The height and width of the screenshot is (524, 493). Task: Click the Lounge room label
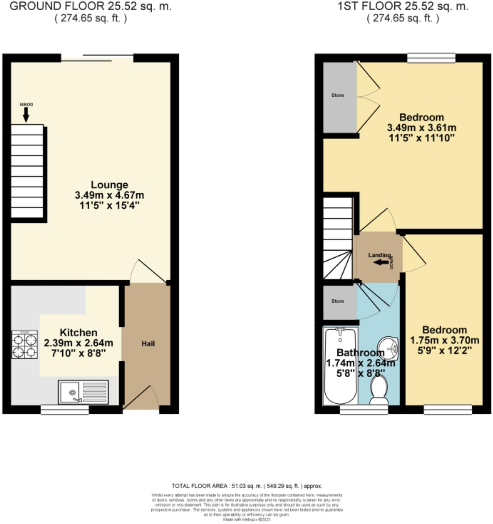click(x=109, y=185)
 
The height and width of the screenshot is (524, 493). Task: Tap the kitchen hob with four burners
click(x=25, y=345)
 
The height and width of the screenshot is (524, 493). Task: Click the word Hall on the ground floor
click(x=148, y=344)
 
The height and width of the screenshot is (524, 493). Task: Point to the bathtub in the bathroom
click(x=340, y=367)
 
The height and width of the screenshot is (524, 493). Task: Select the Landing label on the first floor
click(x=379, y=255)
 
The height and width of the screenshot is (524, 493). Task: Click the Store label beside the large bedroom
click(x=338, y=95)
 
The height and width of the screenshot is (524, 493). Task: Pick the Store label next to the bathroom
click(x=338, y=301)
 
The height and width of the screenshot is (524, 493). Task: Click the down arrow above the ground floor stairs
click(x=26, y=114)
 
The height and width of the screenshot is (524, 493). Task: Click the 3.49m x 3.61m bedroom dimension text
click(x=421, y=128)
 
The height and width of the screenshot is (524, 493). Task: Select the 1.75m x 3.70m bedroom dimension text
click(x=444, y=340)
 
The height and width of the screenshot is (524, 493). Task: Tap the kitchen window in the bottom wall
click(x=64, y=410)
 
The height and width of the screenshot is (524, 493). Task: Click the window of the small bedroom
click(x=448, y=410)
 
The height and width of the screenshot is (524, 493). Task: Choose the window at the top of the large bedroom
click(x=431, y=58)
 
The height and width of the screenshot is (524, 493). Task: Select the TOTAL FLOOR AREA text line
click(x=246, y=486)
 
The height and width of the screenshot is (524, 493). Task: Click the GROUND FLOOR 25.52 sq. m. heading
click(x=90, y=6)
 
